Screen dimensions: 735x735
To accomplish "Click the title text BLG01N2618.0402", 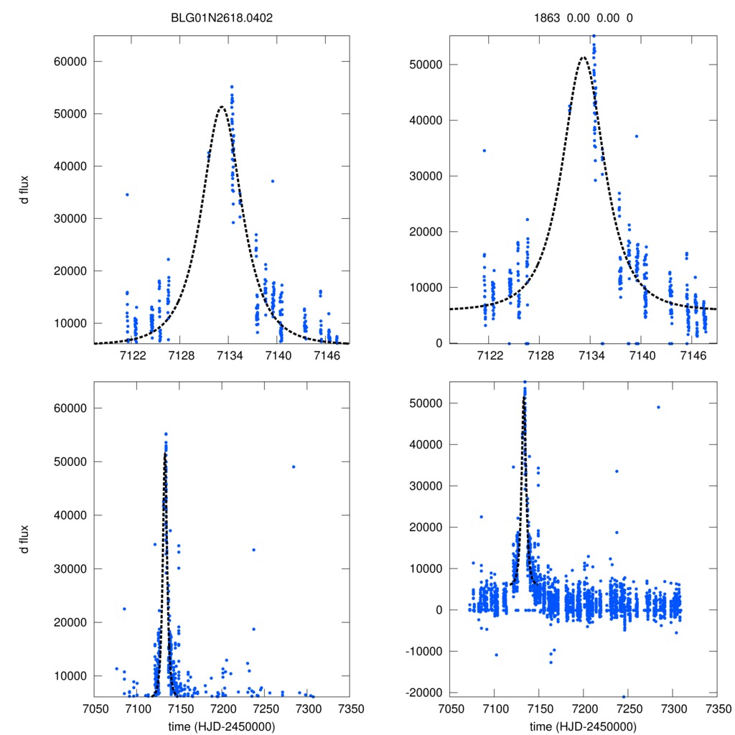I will [221, 18].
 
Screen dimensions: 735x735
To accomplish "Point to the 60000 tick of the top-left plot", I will [70, 62].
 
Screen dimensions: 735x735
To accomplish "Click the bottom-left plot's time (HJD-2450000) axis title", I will [221, 726].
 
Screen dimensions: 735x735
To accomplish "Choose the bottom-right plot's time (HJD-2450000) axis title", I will [583, 726].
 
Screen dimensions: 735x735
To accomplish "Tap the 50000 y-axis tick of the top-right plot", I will [430, 65].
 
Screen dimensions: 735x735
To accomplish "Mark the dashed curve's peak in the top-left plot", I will [221, 107].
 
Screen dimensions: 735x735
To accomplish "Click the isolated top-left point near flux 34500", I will [127, 195].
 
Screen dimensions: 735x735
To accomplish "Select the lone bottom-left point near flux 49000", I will [293, 467].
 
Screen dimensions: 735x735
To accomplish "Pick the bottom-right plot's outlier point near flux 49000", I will [658, 407].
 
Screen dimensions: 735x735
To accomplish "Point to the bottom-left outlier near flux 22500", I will [124, 609].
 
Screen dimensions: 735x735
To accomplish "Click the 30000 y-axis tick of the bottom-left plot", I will [70, 568].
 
